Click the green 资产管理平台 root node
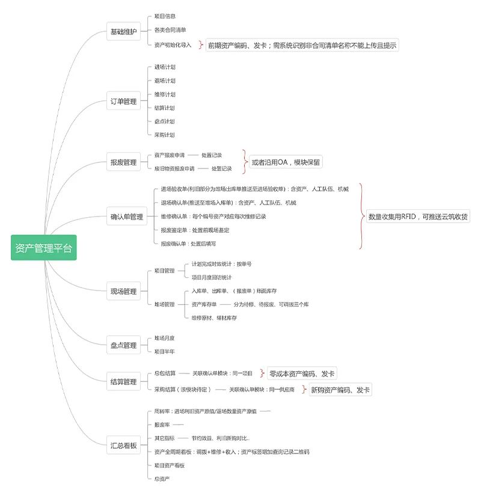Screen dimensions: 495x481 (x=44, y=247)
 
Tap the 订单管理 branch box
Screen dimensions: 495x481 (x=123, y=101)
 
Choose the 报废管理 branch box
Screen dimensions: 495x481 (x=123, y=162)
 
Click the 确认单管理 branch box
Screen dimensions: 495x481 (x=127, y=217)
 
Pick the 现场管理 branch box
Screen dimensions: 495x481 (x=123, y=291)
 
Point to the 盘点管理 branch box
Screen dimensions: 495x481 (x=123, y=345)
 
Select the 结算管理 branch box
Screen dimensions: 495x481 (x=123, y=381)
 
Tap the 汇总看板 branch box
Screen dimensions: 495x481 (x=123, y=446)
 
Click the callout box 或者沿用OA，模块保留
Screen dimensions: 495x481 (x=286, y=162)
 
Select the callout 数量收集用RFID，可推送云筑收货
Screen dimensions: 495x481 (x=418, y=217)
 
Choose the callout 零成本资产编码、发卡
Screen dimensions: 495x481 (x=302, y=374)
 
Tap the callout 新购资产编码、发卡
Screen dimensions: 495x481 (x=340, y=390)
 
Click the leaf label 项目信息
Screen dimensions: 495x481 (x=165, y=16)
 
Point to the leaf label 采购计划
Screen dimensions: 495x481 (x=165, y=135)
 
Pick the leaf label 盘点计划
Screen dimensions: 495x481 (x=165, y=121)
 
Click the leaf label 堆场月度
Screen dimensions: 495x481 (x=165, y=338)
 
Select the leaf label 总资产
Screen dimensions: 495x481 (x=162, y=479)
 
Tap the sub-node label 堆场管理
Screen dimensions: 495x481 (x=164, y=304)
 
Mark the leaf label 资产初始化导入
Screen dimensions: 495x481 (x=173, y=45)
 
